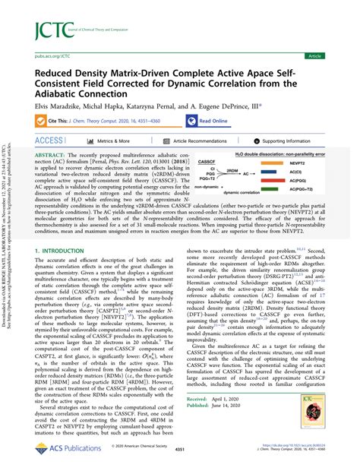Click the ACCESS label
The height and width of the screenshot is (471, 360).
48,141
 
